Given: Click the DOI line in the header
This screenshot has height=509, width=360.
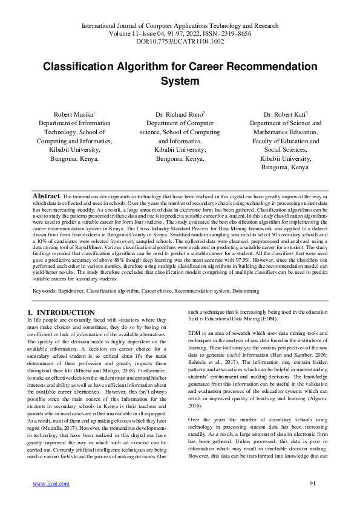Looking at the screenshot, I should coord(180,42).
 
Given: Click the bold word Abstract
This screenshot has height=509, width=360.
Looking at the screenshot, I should coord(45,196).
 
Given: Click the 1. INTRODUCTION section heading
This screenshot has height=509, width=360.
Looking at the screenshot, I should coord(62,313).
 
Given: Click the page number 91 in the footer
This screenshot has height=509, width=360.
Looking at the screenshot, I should coord(313,484).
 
